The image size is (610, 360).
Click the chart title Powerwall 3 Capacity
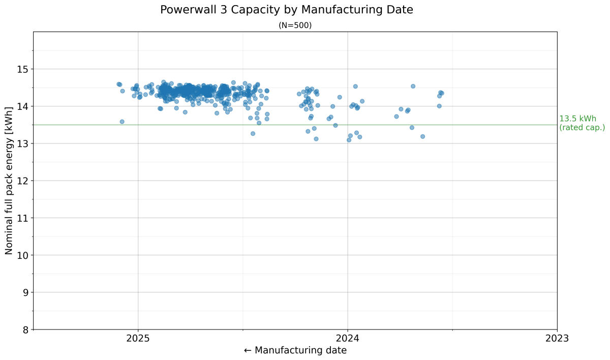(286, 10)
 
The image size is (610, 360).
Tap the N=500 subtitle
(295, 25)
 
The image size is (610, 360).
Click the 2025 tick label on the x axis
(138, 338)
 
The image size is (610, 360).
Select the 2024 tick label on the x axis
(348, 338)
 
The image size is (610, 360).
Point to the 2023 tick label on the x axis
(557, 338)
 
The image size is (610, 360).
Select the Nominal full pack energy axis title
(9, 181)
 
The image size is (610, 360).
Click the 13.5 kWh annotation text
(577, 119)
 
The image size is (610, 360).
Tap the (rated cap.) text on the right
(582, 128)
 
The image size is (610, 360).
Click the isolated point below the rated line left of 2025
(122, 122)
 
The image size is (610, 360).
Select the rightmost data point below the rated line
(422, 136)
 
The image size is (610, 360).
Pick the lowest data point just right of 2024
(349, 140)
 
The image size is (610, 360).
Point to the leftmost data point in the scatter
(118, 84)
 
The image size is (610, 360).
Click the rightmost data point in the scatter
(442, 93)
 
